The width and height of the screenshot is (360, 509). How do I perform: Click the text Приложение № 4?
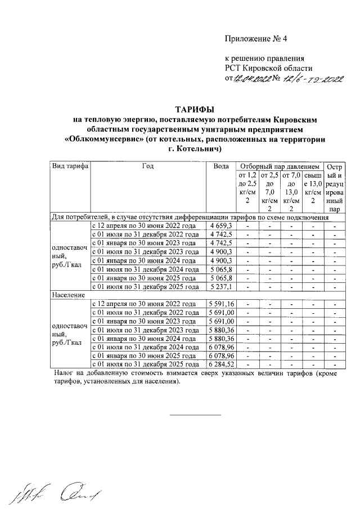[256, 39]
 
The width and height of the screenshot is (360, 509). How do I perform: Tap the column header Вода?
[221, 166]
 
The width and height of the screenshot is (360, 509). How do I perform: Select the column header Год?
[147, 166]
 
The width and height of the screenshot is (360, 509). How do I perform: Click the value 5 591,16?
[221, 304]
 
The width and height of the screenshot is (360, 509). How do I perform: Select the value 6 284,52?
[221, 364]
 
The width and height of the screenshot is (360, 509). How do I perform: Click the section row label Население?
[68, 295]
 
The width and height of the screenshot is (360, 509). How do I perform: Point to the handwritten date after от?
[252, 79]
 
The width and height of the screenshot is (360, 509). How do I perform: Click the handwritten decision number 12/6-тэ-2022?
[313, 79]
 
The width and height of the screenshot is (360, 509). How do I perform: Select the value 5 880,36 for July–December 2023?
[221, 330]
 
